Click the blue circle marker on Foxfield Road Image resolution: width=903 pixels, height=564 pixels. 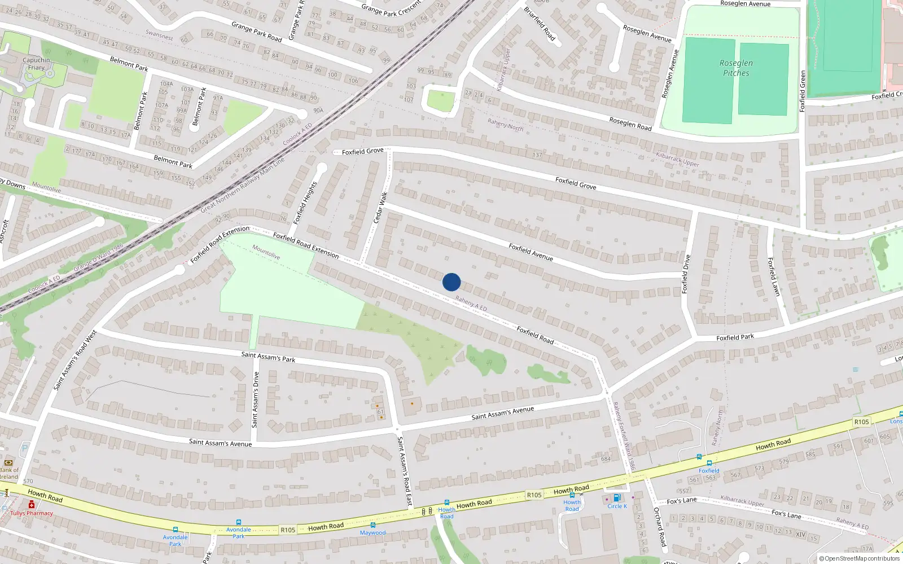coord(451,282)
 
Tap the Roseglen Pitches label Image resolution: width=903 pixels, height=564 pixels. coord(736,68)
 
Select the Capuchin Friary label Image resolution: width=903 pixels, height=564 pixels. coord(36,64)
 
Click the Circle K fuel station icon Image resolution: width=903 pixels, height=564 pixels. coord(617,498)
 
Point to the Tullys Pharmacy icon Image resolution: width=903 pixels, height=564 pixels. coord(32,505)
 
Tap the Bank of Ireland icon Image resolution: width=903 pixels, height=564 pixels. coord(8,462)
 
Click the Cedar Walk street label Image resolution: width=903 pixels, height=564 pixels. coord(381,207)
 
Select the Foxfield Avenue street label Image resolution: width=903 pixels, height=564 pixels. coord(531,252)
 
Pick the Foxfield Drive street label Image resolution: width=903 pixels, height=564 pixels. coord(686,274)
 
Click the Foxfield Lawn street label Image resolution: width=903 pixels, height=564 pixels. coord(774,276)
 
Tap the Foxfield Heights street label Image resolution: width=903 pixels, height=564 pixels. coord(305,201)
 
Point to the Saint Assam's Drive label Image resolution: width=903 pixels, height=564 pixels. coord(255,399)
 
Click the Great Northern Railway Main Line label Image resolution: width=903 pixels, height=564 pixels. coord(243,184)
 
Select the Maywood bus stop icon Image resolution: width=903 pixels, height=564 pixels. coord(372,525)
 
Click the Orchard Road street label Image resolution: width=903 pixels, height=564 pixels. coord(660,527)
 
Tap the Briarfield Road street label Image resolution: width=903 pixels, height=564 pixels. coord(540,24)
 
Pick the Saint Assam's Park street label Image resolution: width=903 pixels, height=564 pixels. coord(268,357)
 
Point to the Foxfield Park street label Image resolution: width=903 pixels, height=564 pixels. coord(735,337)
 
